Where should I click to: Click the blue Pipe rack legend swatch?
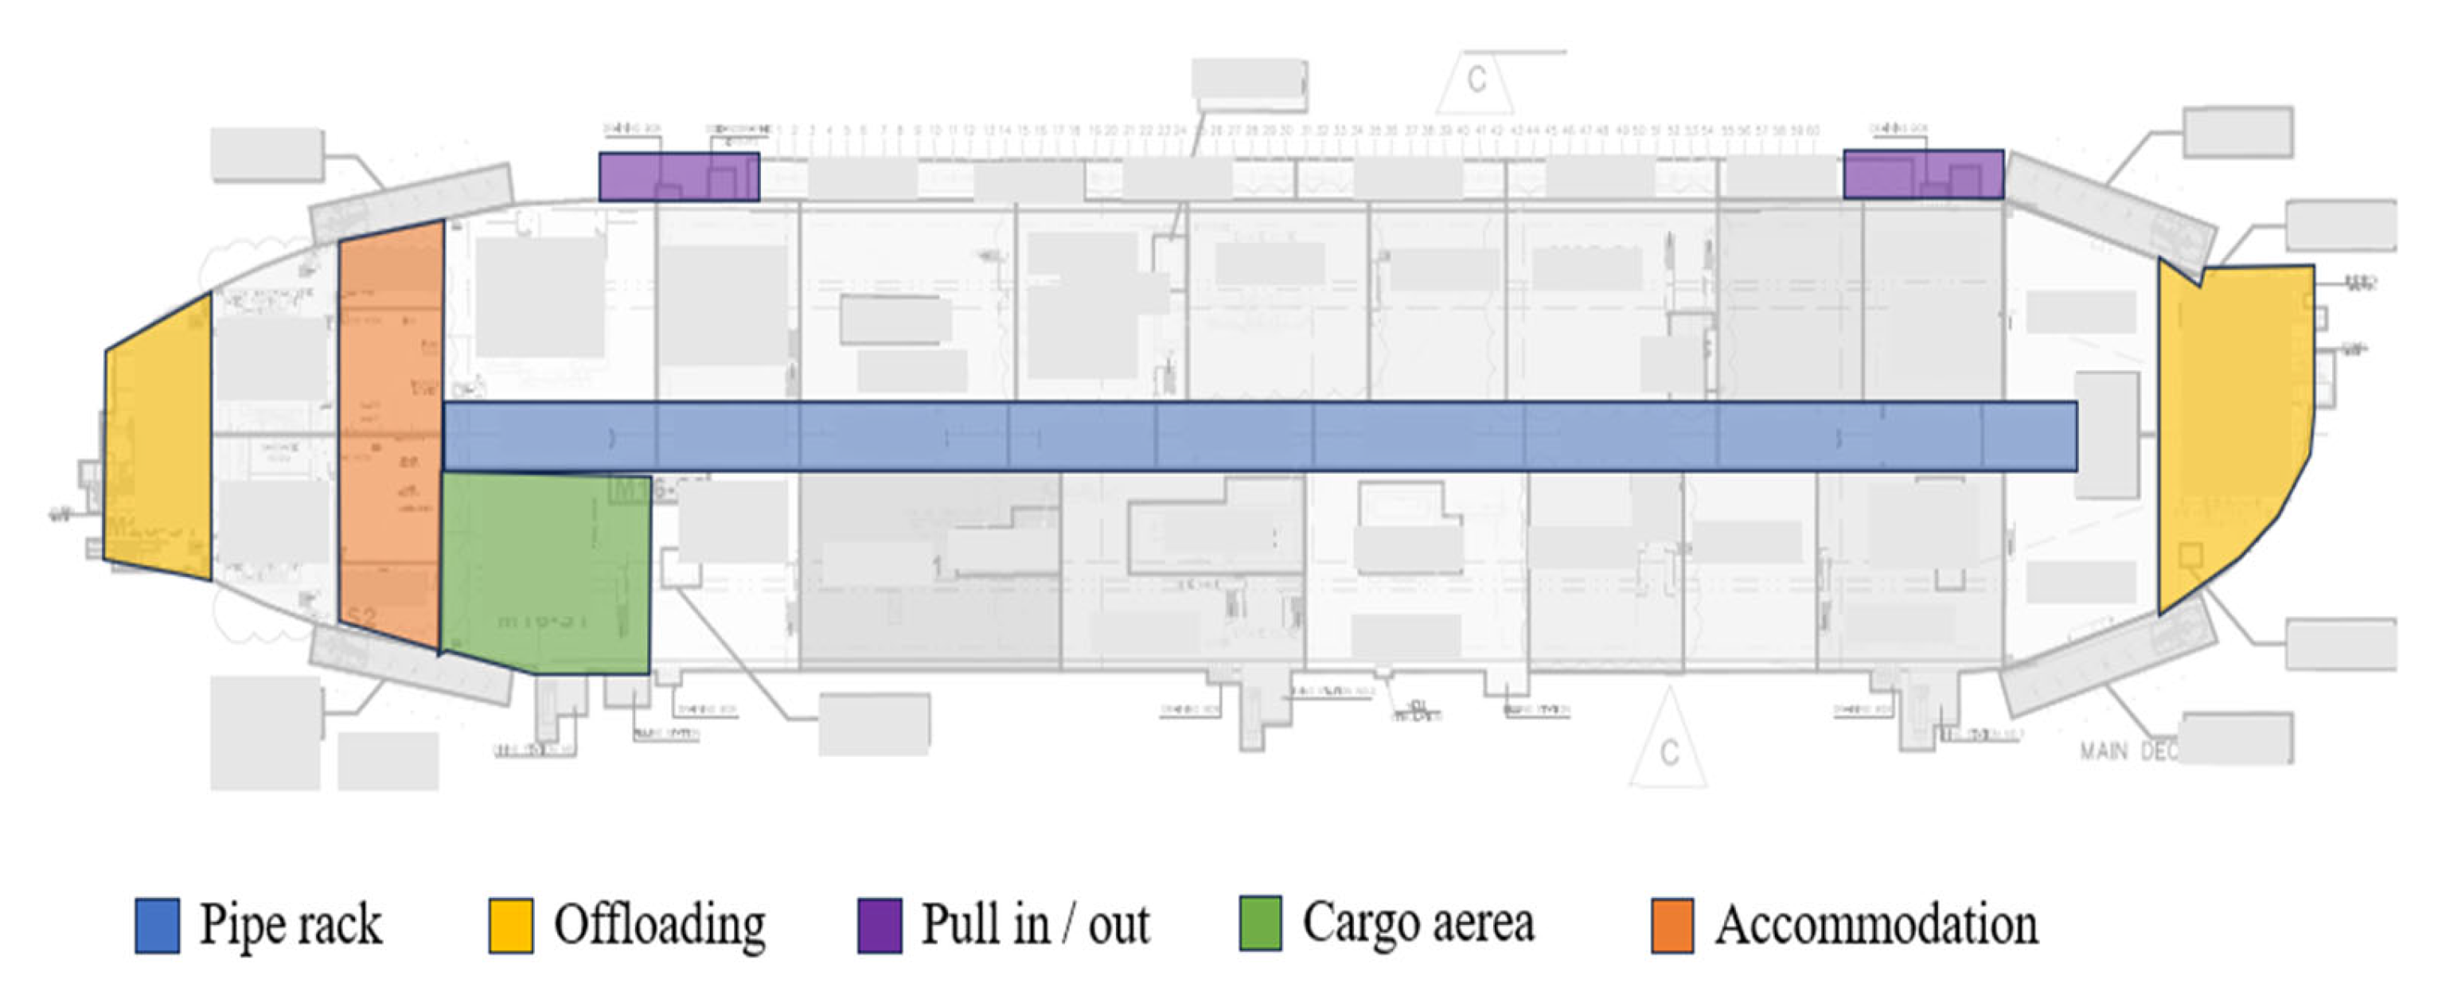pyautogui.click(x=157, y=925)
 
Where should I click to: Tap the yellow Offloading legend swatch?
pyautogui.click(x=510, y=925)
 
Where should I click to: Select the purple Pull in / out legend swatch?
pyautogui.click(x=880, y=925)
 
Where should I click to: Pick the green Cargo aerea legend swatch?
pyautogui.click(x=1261, y=923)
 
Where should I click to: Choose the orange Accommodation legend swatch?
pyautogui.click(x=1672, y=925)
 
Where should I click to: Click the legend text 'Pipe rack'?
pyautogui.click(x=291, y=925)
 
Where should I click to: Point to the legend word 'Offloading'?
pyautogui.click(x=660, y=925)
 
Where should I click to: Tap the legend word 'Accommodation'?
pyautogui.click(x=1877, y=925)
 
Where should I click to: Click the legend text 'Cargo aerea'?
pyautogui.click(x=1418, y=923)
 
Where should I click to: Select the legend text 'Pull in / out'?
pyautogui.click(x=1036, y=925)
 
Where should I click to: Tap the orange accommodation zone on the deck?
pyautogui.click(x=391, y=435)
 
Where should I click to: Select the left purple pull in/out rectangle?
pyautogui.click(x=679, y=176)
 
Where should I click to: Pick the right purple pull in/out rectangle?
pyautogui.click(x=1923, y=174)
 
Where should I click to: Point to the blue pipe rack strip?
pyautogui.click(x=1258, y=436)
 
